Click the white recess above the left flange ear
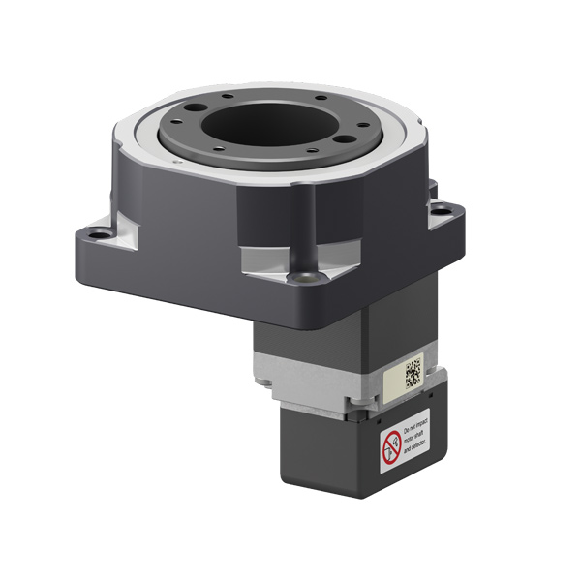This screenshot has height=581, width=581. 126,225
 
